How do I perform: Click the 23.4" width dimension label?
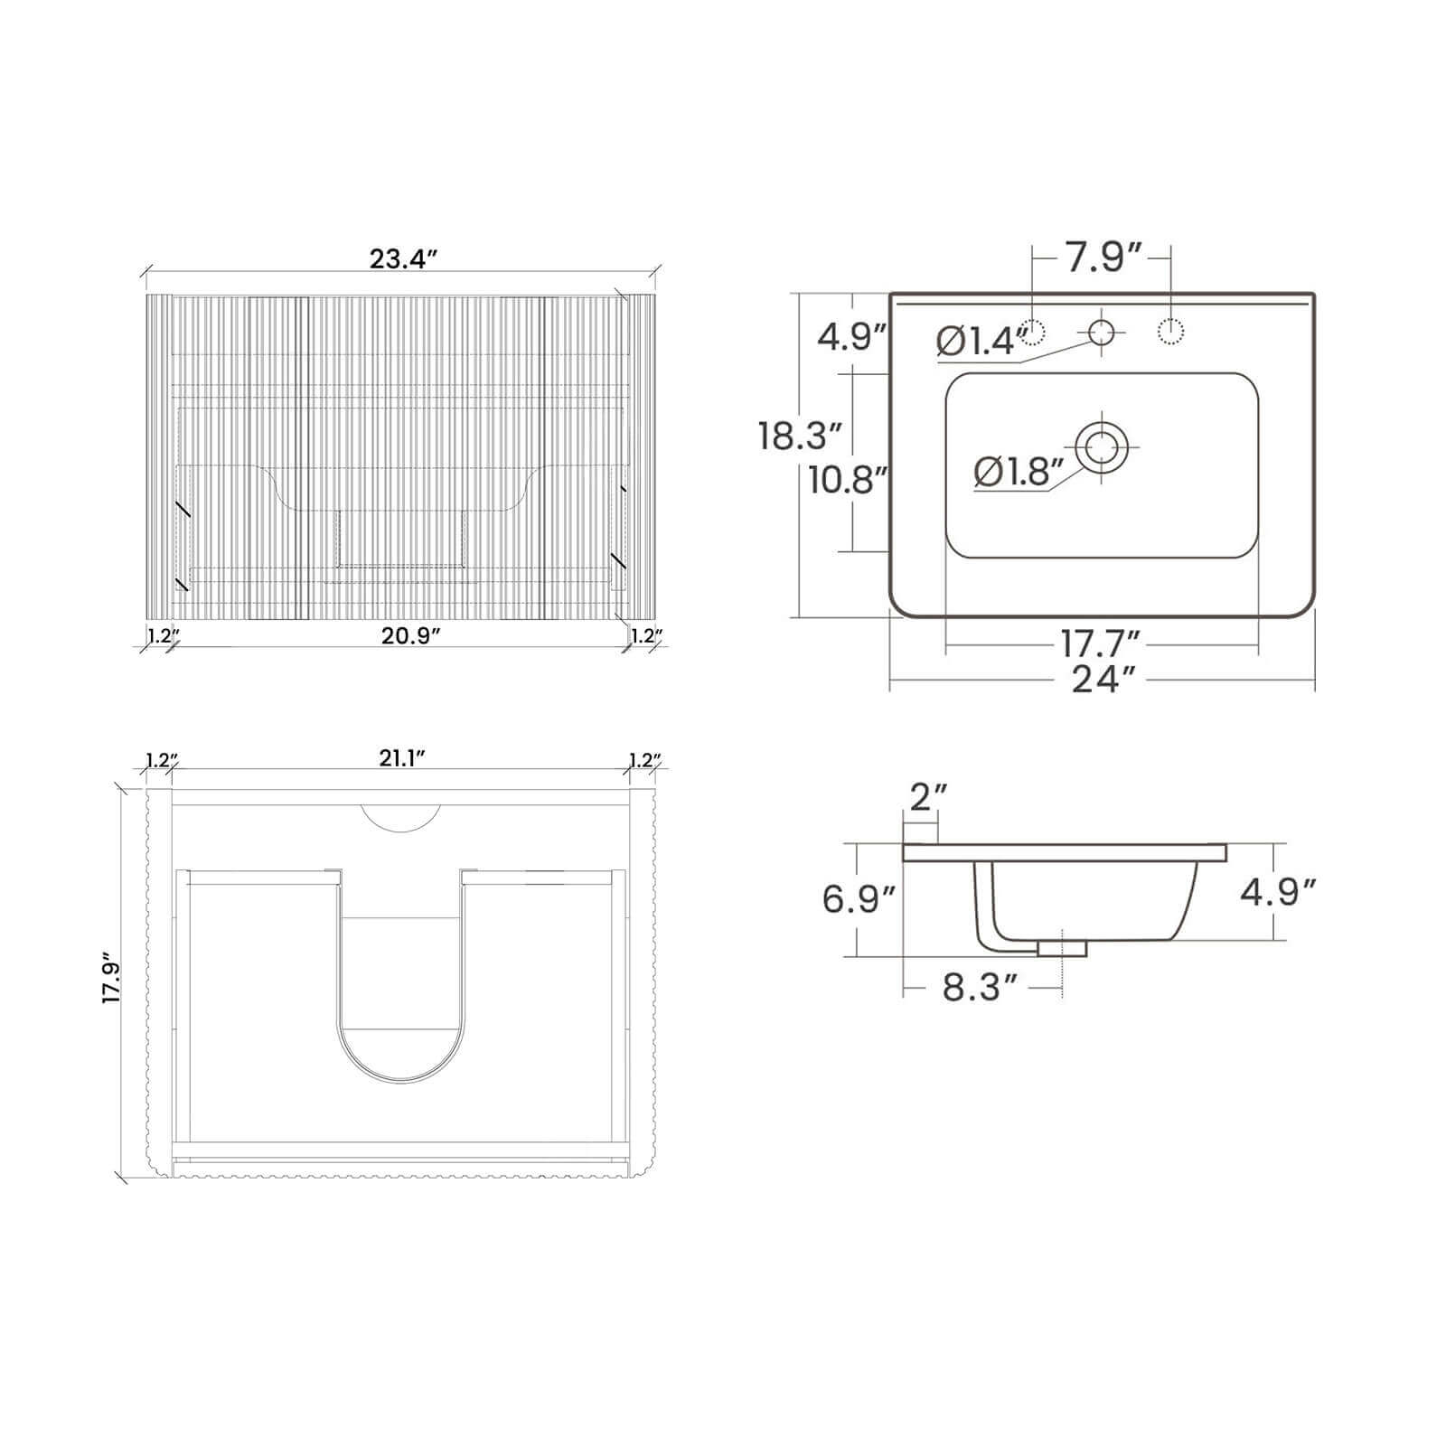pos(403,259)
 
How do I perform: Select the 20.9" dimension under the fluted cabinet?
pos(410,635)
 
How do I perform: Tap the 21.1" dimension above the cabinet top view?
pos(402,758)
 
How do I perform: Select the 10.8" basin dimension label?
pos(842,480)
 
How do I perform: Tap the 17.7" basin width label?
pos(1100,645)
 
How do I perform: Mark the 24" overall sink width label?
pos(1103,679)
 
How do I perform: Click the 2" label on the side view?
pos(928,798)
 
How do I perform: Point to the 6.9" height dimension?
pos(859,899)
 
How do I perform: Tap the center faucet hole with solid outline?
pos(1101,333)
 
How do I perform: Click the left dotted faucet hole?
pos(1032,333)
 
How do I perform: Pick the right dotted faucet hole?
pos(1170,333)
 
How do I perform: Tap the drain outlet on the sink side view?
pos(1062,948)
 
